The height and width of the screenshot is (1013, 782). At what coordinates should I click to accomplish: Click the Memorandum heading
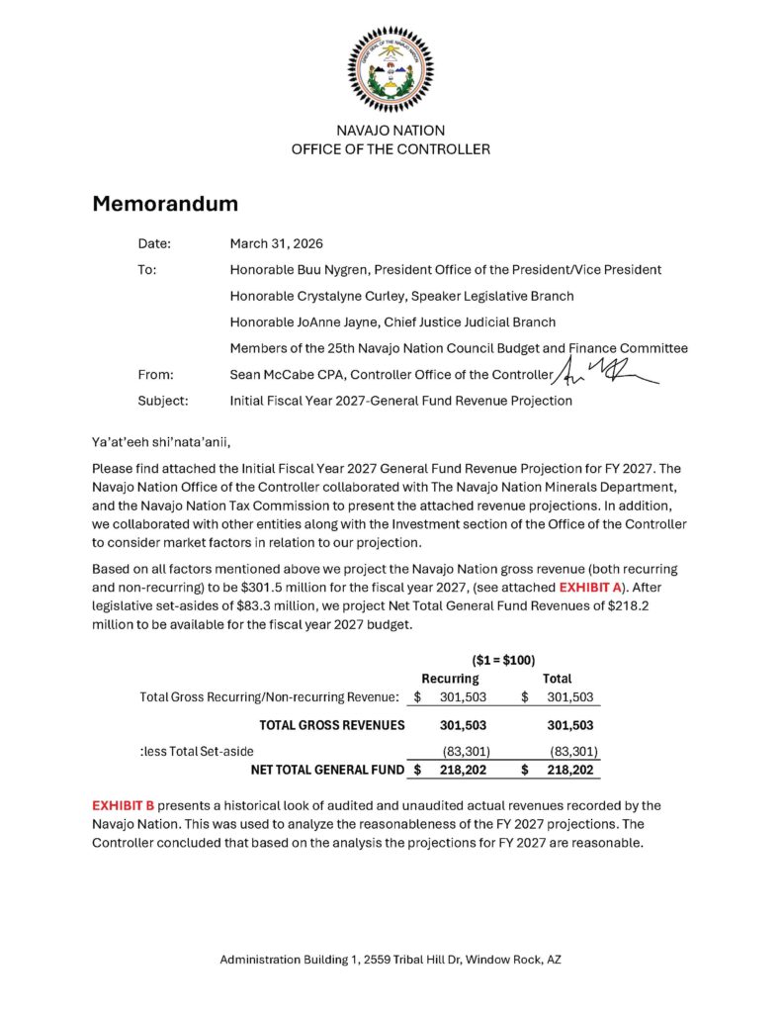[165, 204]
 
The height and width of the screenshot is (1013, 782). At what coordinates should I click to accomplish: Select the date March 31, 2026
[277, 243]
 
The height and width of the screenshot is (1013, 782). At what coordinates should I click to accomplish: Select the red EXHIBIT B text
[124, 805]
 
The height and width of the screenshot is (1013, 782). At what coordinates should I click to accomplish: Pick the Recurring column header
[450, 680]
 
